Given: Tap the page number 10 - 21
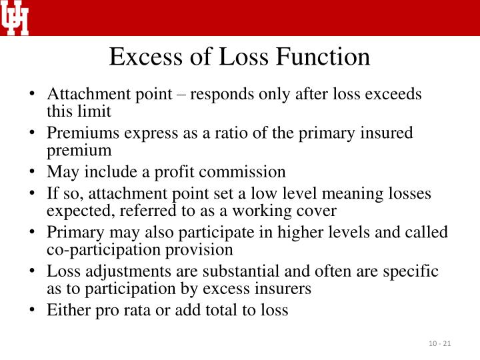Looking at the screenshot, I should pyautogui.click(x=440, y=343).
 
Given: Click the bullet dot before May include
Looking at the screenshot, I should pyautogui.click(x=33, y=172).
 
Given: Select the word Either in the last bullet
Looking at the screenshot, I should pyautogui.click(x=64, y=310).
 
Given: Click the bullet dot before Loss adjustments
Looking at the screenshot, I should pyautogui.click(x=33, y=271).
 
